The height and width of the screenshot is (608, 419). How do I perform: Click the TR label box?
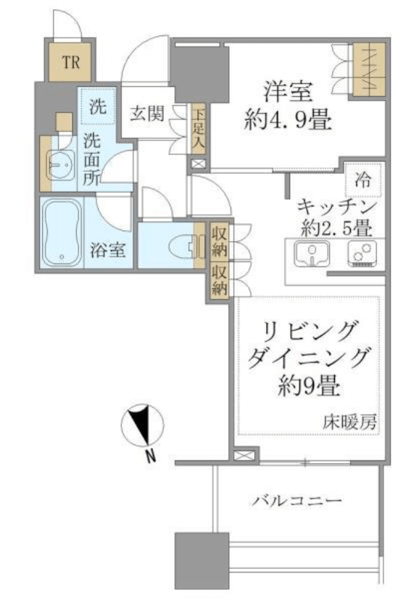70,62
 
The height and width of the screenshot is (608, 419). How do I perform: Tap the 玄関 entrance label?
146,114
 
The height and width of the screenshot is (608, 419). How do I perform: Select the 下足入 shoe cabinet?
198,129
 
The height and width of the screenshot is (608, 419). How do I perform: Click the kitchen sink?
312,253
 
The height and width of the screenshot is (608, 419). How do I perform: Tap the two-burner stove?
362,253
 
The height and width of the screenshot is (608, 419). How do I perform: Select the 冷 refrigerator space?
363,180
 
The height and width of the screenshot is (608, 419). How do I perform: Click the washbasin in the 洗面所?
61,164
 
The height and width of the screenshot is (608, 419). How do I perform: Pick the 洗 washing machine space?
97,106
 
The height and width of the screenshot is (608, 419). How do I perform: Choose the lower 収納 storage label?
220,279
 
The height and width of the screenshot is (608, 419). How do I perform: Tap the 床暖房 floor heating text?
350,422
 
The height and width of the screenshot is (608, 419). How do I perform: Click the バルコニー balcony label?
296,501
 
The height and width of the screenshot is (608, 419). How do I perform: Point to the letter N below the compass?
151,455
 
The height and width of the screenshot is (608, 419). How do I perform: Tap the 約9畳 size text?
310,387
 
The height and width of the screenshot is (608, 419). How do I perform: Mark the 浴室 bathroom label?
108,250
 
